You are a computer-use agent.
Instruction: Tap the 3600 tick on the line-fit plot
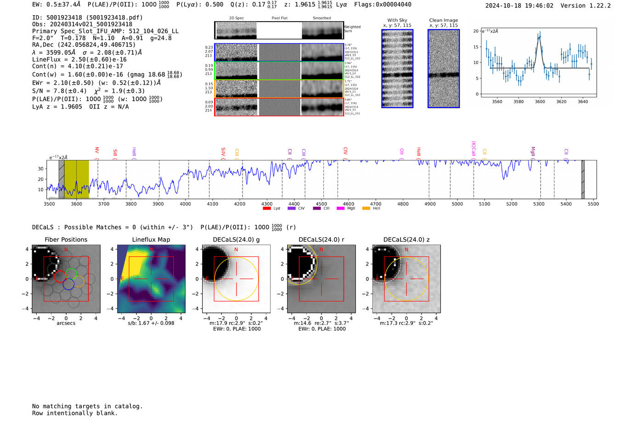(540, 102)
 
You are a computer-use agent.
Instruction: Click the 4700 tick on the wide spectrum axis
(376, 204)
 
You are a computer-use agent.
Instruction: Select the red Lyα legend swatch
(266, 209)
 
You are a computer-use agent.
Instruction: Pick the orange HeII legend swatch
(366, 209)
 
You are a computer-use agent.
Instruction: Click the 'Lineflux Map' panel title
(151, 239)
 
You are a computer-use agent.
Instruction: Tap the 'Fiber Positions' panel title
(66, 239)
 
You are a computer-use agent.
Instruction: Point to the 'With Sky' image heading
(397, 20)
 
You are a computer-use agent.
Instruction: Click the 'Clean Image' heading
(443, 20)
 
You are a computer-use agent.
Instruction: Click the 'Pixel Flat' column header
(279, 18)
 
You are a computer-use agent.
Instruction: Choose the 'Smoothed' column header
(321, 18)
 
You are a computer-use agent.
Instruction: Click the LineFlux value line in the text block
(79, 59)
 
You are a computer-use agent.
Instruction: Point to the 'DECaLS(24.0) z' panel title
(406, 239)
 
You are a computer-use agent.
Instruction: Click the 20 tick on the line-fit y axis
(476, 31)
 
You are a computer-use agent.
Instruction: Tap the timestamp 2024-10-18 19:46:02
(519, 6)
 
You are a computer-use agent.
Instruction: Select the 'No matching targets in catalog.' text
(87, 406)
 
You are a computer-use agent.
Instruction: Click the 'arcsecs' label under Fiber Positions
(66, 323)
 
